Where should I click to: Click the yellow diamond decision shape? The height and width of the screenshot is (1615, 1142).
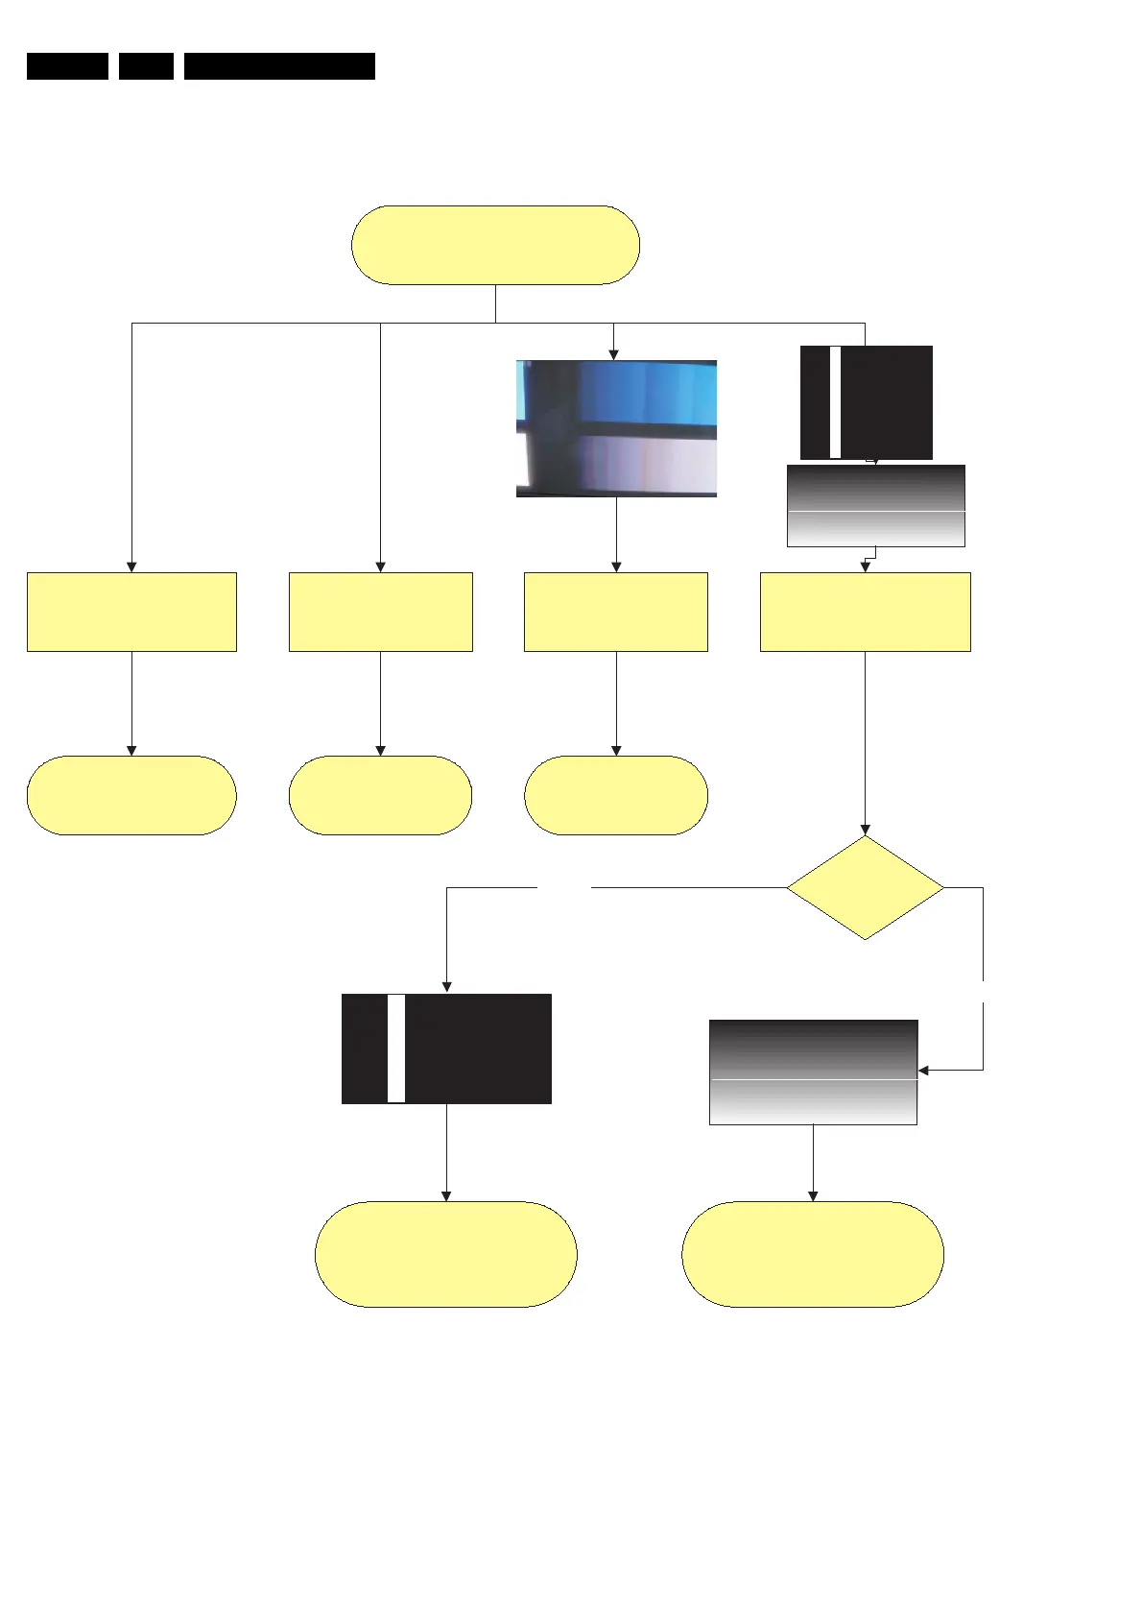[x=865, y=887]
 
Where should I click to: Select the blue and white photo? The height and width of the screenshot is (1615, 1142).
[x=616, y=428]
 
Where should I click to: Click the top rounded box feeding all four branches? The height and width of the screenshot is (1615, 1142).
[x=495, y=245]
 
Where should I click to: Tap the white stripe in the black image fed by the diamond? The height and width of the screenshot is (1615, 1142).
[x=396, y=1049]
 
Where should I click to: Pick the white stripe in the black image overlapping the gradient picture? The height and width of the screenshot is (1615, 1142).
[x=835, y=402]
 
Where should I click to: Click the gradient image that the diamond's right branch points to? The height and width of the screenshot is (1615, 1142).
[x=813, y=1073]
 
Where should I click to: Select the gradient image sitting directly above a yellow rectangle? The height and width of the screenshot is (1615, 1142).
[x=875, y=506]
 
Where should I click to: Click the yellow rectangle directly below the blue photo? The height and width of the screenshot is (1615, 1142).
[x=616, y=612]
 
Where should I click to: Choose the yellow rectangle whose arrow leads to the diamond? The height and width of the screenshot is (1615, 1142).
[x=865, y=612]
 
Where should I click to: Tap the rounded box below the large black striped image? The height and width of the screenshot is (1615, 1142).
[x=445, y=1253]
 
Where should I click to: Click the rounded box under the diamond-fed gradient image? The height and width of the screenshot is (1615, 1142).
[x=813, y=1253]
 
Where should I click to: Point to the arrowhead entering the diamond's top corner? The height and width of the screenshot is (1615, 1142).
[x=865, y=830]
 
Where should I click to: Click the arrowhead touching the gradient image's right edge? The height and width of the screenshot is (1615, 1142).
[x=924, y=1070]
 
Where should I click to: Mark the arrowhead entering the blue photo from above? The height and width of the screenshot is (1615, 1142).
[x=613, y=354]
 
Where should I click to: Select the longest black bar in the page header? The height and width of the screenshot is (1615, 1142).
[x=279, y=66]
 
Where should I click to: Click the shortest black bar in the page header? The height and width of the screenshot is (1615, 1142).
[x=146, y=66]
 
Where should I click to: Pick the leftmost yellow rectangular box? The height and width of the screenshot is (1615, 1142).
[x=131, y=612]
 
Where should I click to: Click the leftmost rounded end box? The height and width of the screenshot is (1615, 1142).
[x=131, y=795]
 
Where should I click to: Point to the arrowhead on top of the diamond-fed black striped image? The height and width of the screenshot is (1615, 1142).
[x=446, y=987]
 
